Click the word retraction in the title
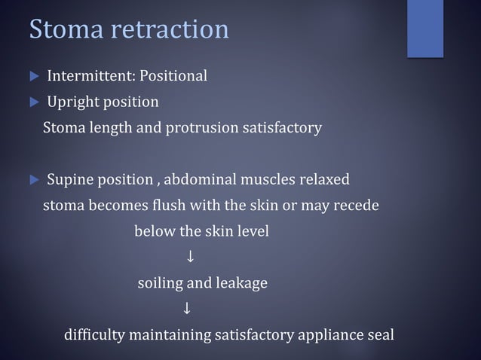pyautogui.click(x=167, y=29)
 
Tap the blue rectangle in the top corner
pyautogui.click(x=425, y=28)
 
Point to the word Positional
pyautogui.click(x=175, y=76)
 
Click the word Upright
pyautogui.click(x=72, y=102)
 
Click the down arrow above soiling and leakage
pyautogui.click(x=191, y=258)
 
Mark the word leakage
pyautogui.click(x=241, y=284)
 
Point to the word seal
pyautogui.click(x=379, y=334)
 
